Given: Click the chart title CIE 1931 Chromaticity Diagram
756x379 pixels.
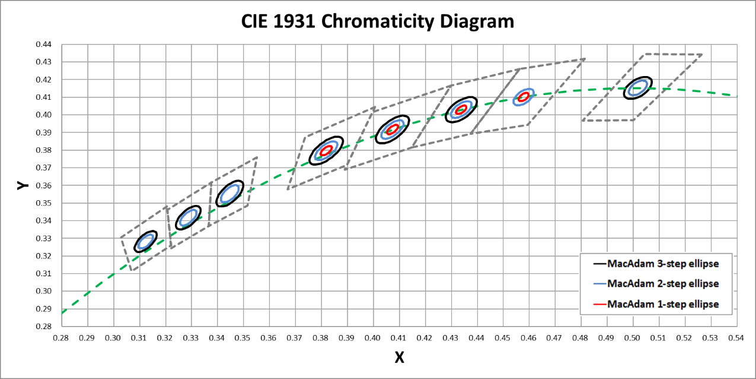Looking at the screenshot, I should point(378,22).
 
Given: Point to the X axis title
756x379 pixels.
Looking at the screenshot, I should point(400,357).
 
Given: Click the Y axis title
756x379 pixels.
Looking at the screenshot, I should point(23,185).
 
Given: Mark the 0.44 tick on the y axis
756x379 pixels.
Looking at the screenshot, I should point(45,45).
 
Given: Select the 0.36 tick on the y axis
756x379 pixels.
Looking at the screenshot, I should point(45,185).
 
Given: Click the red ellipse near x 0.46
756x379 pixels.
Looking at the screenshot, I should point(523,97).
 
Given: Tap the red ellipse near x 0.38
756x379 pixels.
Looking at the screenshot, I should point(326,151).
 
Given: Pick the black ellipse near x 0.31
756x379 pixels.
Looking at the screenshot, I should point(145,241).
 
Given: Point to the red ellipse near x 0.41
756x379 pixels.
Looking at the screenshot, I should point(393,130).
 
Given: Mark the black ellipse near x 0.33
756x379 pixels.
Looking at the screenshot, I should point(189,217).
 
